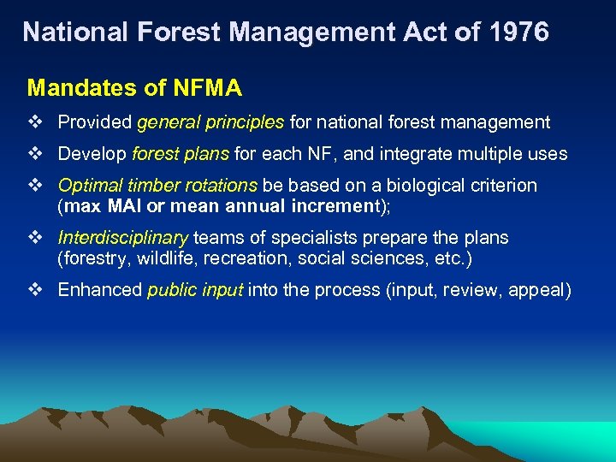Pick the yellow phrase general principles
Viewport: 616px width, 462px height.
pyautogui.click(x=210, y=122)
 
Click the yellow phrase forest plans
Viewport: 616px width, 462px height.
pyautogui.click(x=181, y=154)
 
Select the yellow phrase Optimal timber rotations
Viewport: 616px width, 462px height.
pyautogui.click(x=157, y=186)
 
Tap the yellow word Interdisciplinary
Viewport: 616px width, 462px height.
pyautogui.click(x=123, y=238)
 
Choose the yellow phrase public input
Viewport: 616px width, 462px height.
pyautogui.click(x=196, y=290)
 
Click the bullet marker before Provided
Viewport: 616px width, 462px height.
pyautogui.click(x=35, y=122)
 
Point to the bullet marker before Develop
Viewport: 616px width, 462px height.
pyautogui.click(x=35, y=154)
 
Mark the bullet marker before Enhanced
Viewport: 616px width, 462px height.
pyautogui.click(x=35, y=290)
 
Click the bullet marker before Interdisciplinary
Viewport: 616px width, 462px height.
pyautogui.click(x=35, y=238)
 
